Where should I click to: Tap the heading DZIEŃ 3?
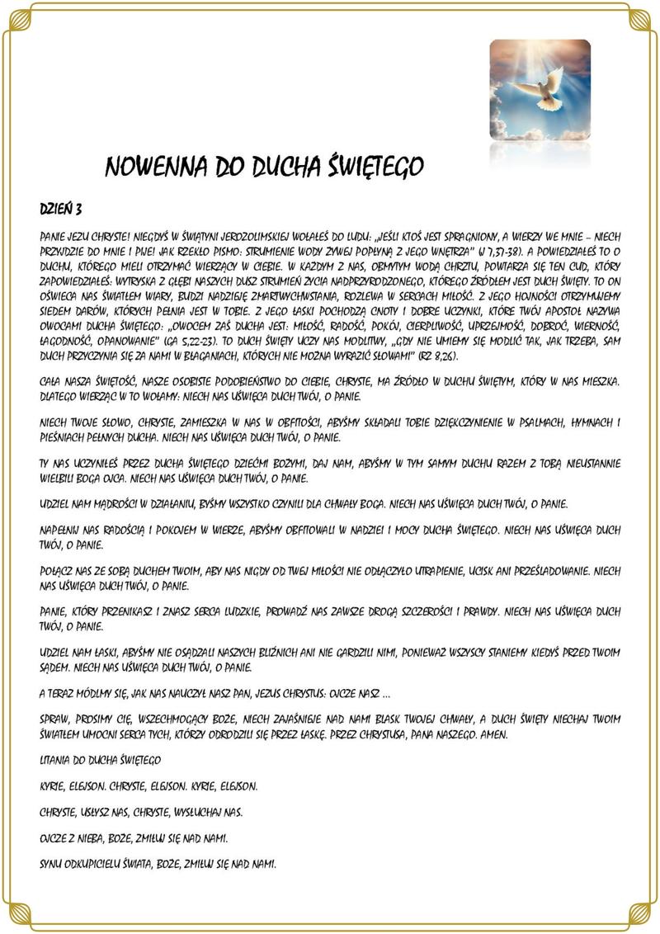pyautogui.click(x=61, y=205)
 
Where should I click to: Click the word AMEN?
pyautogui.click(x=489, y=734)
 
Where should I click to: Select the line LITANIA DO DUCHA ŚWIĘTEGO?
pyautogui.click(x=100, y=757)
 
